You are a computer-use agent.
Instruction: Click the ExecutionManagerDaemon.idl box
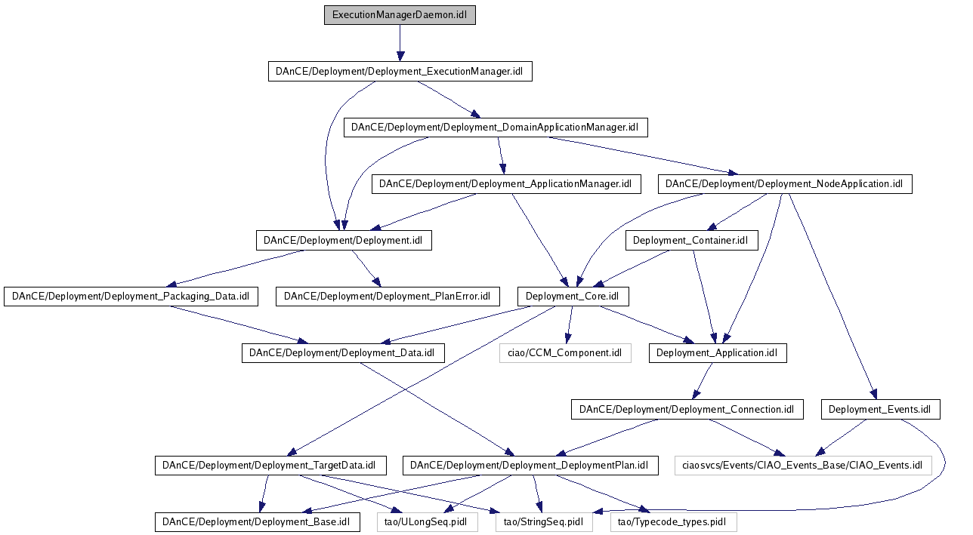[400, 15]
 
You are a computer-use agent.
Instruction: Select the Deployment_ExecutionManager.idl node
[400, 72]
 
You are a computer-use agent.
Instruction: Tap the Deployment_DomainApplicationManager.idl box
[496, 128]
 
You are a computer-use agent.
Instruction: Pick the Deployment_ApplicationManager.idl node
[505, 184]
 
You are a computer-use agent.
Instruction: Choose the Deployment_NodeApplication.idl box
[784, 184]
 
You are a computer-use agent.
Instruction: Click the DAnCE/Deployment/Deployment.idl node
[344, 241]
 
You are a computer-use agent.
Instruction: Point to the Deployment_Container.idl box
[691, 241]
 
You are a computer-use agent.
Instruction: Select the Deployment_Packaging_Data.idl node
[131, 297]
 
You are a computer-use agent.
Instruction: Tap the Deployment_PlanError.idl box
[388, 297]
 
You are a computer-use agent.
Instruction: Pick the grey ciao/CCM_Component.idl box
[564, 353]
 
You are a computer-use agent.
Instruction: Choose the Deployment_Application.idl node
[717, 353]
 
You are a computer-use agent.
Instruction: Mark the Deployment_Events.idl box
[880, 410]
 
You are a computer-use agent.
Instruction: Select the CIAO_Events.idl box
[803, 466]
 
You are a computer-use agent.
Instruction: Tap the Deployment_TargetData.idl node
[270, 466]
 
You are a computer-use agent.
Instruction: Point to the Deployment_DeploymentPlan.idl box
[530, 466]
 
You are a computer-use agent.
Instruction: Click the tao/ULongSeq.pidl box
[428, 521]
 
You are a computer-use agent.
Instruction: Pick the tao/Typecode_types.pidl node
[673, 521]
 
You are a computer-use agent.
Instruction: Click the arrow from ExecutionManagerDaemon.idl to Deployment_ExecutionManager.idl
[400, 43]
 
